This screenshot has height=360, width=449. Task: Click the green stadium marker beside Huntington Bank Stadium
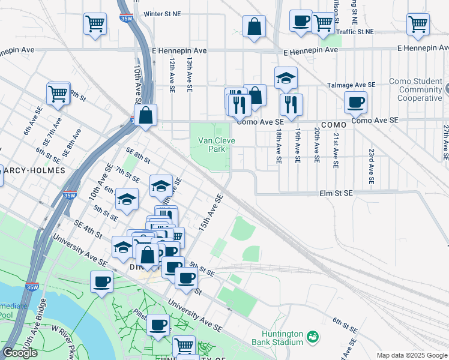312,337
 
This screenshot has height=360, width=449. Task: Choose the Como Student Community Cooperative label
415,89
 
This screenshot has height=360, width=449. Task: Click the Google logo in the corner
20,353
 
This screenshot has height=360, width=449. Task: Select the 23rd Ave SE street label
372,166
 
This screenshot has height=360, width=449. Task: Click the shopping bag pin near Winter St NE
255,26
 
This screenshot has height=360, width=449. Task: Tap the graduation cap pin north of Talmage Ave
286,78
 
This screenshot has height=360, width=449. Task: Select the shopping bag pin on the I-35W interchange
146,115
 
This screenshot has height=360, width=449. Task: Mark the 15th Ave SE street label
211,214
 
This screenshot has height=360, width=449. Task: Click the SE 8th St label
137,154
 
